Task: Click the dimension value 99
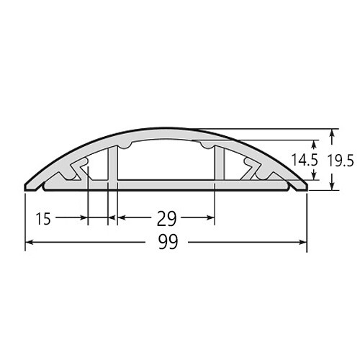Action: pos(168,242)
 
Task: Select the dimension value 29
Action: pos(166,219)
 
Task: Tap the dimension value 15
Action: pos(43,219)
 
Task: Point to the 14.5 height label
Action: pos(305,160)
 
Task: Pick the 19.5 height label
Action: pos(341,161)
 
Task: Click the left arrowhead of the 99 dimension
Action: pos(29,243)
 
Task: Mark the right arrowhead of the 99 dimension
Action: pos(303,243)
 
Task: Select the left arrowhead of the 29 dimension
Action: pos(122,217)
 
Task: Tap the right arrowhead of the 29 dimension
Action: pos(210,217)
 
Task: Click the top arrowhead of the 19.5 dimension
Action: pos(332,133)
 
